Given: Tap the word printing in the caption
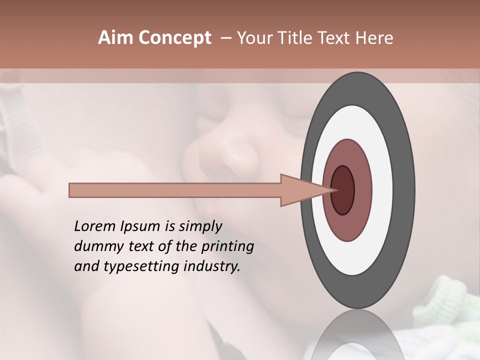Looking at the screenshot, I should click(x=227, y=247).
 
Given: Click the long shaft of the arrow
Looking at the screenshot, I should click(x=175, y=190).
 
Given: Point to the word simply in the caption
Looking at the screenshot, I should click(x=199, y=227).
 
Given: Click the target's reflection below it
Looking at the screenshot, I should click(x=357, y=335).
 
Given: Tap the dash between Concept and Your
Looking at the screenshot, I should click(x=225, y=38).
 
